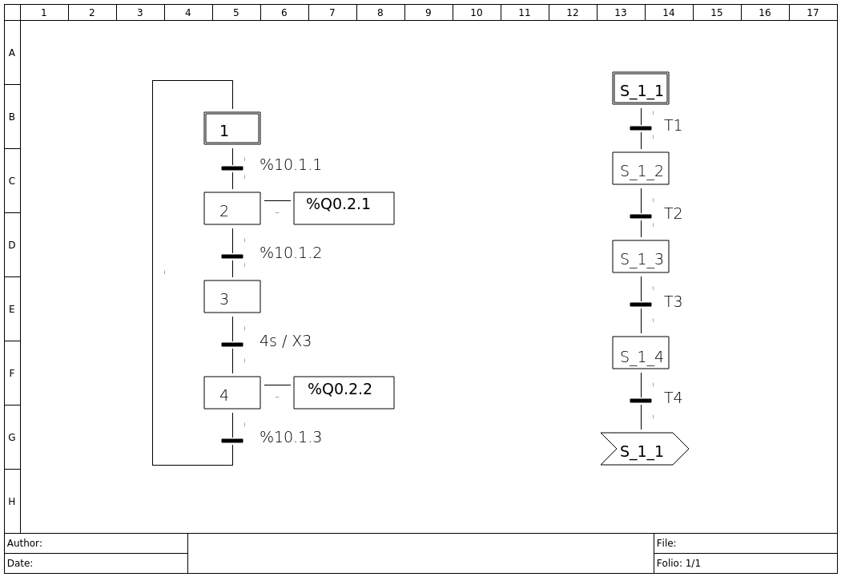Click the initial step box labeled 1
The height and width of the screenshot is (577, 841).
coord(232,128)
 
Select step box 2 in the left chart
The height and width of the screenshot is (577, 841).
coord(232,208)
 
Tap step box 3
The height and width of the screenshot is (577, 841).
coord(232,297)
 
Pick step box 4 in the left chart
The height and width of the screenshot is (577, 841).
coord(232,393)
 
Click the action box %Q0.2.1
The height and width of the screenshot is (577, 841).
coord(344,208)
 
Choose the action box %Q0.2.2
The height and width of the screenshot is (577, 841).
coord(344,393)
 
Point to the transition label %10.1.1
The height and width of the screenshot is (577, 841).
coord(291,165)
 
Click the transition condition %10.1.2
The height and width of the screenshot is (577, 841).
coord(291,253)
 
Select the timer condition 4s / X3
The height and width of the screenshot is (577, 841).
coord(285,341)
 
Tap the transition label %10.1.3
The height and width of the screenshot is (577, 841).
coord(291,438)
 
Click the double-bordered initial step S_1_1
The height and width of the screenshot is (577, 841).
coord(641,88)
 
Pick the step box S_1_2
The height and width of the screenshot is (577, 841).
coord(641,168)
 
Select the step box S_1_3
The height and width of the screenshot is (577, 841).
coord(641,256)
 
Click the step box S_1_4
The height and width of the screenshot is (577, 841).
coord(641,353)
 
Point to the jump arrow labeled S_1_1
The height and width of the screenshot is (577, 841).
coord(644,449)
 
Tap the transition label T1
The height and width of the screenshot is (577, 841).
coord(673,126)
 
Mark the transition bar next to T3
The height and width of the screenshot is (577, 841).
coord(641,305)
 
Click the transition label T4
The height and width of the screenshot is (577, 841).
coord(673,398)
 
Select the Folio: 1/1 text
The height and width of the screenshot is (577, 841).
coord(678,563)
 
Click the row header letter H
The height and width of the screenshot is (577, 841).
coord(12,502)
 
